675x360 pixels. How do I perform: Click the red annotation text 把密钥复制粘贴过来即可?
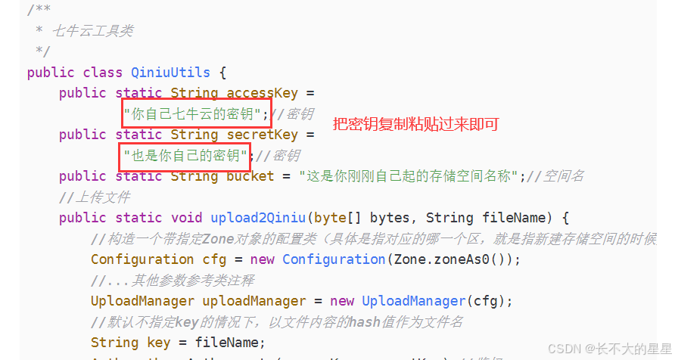416,123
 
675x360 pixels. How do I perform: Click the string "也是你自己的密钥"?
186,156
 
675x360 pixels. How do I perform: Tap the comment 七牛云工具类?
92,31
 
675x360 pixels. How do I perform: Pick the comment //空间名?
555,176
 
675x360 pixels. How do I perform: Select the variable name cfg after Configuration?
214,259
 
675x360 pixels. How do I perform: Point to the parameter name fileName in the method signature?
526,218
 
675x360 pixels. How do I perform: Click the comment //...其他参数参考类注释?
173,281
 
